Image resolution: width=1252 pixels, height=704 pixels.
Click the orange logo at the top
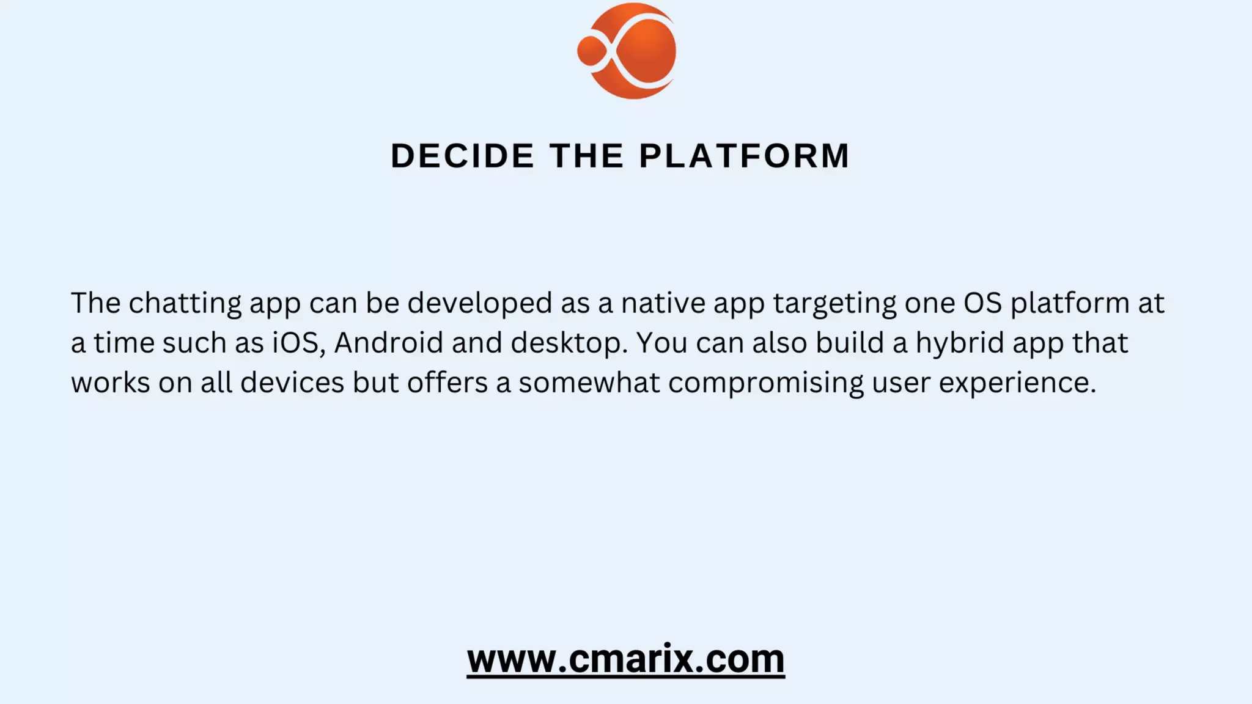627,51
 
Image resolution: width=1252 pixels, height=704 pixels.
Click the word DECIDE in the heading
462,155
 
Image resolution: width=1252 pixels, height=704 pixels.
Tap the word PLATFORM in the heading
744,155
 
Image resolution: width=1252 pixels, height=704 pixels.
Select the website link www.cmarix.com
625,659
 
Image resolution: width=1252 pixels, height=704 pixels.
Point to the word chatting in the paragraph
185,303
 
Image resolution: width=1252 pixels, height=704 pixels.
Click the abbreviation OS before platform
983,303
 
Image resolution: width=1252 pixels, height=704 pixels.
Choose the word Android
388,343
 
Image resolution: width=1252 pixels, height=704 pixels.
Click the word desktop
569,343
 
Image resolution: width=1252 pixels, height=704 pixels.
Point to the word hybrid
959,343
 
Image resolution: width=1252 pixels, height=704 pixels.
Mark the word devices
292,383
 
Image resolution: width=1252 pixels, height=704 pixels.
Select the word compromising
765,383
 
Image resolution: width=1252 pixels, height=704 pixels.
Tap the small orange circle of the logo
591,51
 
